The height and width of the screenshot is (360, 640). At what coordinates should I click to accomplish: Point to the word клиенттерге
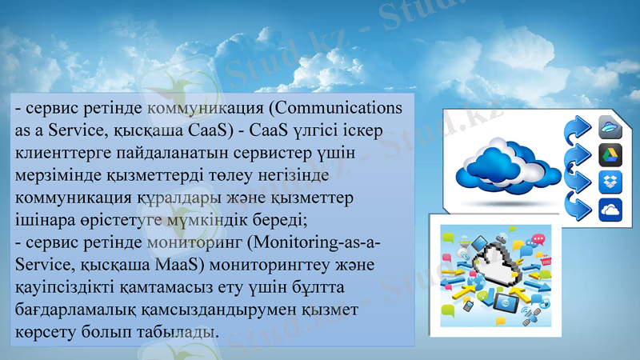coord(65,152)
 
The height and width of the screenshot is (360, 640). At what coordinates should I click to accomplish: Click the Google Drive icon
coord(610,154)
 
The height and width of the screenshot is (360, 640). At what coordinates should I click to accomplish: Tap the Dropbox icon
coord(610,182)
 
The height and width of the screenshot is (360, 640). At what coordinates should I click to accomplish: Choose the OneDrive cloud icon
coord(610,210)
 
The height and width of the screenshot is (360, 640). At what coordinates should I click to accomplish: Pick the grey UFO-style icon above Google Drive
coord(610,126)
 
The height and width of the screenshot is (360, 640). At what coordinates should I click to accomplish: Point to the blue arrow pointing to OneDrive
coord(577,206)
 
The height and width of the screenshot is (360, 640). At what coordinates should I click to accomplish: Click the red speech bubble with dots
coord(538,239)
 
